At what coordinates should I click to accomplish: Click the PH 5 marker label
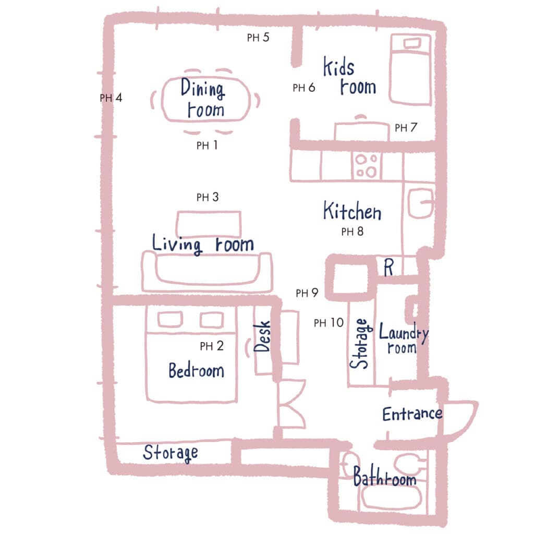coord(258,37)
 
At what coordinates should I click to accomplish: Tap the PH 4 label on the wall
coord(111,98)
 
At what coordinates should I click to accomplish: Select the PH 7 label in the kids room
coord(406,128)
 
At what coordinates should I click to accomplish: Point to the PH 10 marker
coord(329,322)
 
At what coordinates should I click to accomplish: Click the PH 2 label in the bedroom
coord(212,346)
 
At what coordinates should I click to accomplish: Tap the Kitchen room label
coord(352,211)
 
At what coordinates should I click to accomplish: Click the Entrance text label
coord(412,414)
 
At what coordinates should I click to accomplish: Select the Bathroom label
coord(384,476)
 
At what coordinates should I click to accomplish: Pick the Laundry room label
coord(404,338)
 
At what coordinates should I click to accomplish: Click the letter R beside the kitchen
coord(389,268)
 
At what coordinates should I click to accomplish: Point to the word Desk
coord(262,336)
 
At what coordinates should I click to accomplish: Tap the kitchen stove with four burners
coord(367,166)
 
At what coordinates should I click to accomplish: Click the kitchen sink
coord(421,203)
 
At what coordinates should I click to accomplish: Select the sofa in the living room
coord(207,272)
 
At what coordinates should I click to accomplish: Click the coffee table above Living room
coord(209,224)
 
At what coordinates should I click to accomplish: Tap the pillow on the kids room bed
coord(412,43)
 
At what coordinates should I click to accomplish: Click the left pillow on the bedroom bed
coord(170,320)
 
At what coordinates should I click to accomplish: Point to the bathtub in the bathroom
coord(392,497)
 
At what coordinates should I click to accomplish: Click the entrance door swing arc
coord(463,419)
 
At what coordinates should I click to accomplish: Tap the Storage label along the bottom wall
coord(171,453)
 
